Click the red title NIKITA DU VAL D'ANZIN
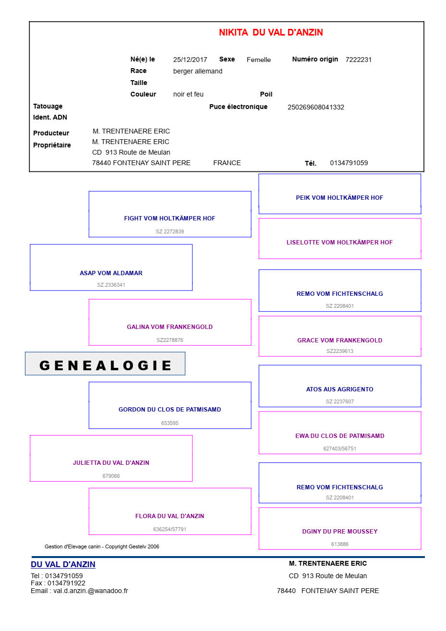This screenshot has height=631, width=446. pos(271,32)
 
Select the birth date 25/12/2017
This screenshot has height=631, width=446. pos(190,60)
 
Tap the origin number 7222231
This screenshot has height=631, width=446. pos(359,60)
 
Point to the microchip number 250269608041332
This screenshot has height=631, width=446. pos(315,107)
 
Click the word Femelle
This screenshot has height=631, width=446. pos(258,60)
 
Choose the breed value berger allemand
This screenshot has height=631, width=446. pos(198,71)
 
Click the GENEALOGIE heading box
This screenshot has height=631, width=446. pos(105,364)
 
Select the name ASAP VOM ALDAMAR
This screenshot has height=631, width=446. pos(111,273)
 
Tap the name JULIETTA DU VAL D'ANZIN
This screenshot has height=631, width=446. pos(111,462)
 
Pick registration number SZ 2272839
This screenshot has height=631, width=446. pos(170,231)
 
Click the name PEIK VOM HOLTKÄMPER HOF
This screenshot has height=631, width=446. pos(339,198)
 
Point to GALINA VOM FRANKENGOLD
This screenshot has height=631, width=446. pos(170,327)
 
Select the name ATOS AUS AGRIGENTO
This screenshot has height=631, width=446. pos(339,389)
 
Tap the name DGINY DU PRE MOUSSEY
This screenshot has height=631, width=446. pos(339,531)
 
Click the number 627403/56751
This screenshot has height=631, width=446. pos(339,449)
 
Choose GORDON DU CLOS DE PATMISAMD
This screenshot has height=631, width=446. pos(170,409)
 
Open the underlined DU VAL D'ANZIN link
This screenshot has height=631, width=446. pos(63,564)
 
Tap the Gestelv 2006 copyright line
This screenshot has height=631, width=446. pos(102,546)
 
